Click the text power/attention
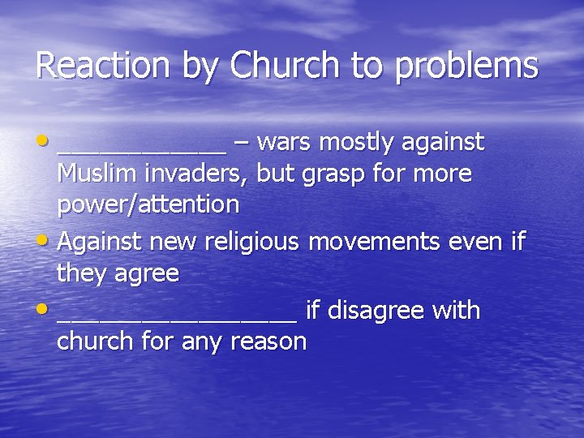pos(148,204)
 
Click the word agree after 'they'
pos(146,274)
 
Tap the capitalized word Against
pos(101,242)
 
